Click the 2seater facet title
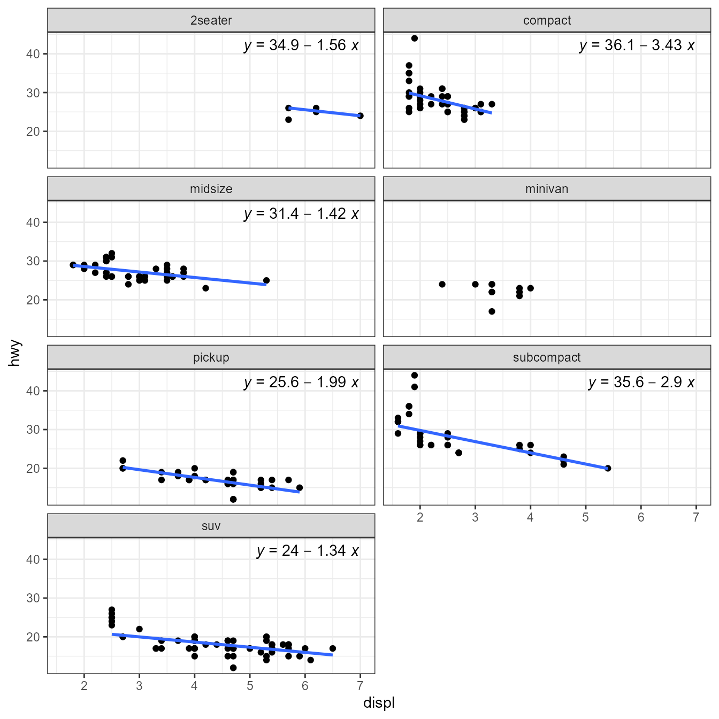pyautogui.click(x=211, y=20)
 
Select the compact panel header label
pyautogui.click(x=547, y=20)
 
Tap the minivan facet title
pyautogui.click(x=547, y=189)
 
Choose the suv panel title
pyautogui.click(x=211, y=526)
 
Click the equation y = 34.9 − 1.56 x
pyautogui.click(x=301, y=45)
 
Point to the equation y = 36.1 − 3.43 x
pyautogui.click(x=637, y=45)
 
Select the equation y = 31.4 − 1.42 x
pyautogui.click(x=301, y=213)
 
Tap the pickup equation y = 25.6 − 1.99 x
pyautogui.click(x=301, y=382)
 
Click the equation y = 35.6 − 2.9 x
pyautogui.click(x=641, y=382)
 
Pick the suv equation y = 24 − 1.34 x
pyautogui.click(x=308, y=550)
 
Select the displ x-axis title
pyautogui.click(x=379, y=702)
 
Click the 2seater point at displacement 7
pyautogui.click(x=360, y=116)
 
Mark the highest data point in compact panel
pyautogui.click(x=415, y=38)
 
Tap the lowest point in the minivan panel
pyautogui.click(x=492, y=311)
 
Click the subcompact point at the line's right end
pyautogui.click(x=608, y=468)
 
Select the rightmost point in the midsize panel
pyautogui.click(x=266, y=280)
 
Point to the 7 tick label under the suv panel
pyautogui.click(x=360, y=686)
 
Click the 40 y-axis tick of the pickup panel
pyautogui.click(x=33, y=391)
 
